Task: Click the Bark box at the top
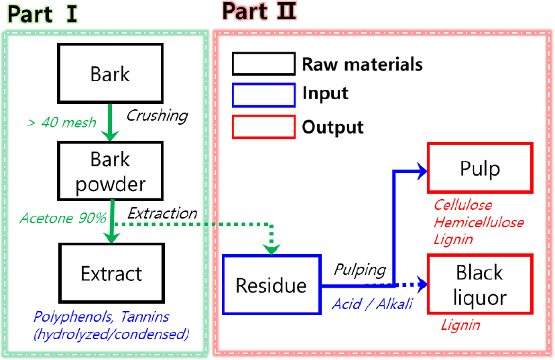pyautogui.click(x=111, y=74)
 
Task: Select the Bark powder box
pyautogui.click(x=111, y=172)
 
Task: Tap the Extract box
pyautogui.click(x=111, y=274)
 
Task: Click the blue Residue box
pyautogui.click(x=271, y=286)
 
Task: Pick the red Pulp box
pyautogui.click(x=479, y=168)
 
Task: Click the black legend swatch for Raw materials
pyautogui.click(x=263, y=64)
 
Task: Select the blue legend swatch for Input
pyautogui.click(x=263, y=95)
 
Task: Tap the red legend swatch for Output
pyautogui.click(x=263, y=126)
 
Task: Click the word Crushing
pyautogui.click(x=157, y=115)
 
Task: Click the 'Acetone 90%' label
pyautogui.click(x=63, y=219)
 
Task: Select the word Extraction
pyautogui.click(x=162, y=214)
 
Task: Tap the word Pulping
pyautogui.click(x=360, y=270)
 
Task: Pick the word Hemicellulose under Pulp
pyautogui.click(x=479, y=222)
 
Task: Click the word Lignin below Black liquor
pyautogui.click(x=460, y=325)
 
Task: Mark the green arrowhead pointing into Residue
pyautogui.click(x=271, y=248)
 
